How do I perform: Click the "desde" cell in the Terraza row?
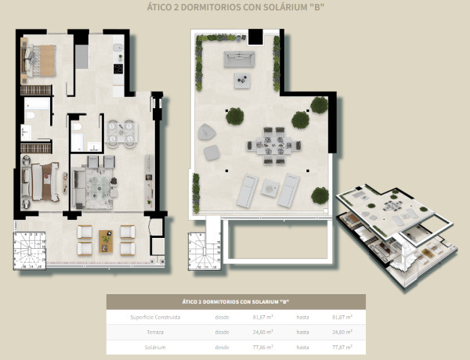(x=222, y=331)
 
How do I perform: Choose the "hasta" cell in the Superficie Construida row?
(x=302, y=317)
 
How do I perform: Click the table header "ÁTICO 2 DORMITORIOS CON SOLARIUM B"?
(x=236, y=301)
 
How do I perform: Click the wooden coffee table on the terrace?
(x=106, y=240)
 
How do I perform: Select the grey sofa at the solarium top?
(x=239, y=59)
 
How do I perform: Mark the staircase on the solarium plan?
(x=202, y=250)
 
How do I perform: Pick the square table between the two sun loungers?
(x=270, y=185)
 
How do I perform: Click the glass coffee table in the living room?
(x=99, y=185)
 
